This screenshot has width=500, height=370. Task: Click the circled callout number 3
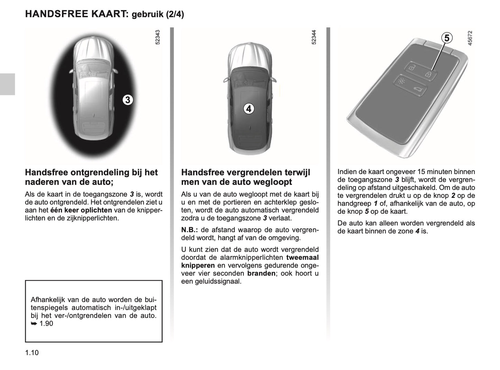128,100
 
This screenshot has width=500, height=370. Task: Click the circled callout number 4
248,109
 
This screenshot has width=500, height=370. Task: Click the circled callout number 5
447,38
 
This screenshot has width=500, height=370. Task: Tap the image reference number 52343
158,37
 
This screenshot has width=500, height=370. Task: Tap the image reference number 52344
314,37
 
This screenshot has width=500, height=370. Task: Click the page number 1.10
32,353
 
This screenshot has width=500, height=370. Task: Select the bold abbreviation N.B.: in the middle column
190,230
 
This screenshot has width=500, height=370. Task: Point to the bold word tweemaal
302,258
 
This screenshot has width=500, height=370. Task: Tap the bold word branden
261,274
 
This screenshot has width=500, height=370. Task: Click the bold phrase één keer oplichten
81,210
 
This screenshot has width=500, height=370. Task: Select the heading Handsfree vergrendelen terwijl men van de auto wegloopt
246,177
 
